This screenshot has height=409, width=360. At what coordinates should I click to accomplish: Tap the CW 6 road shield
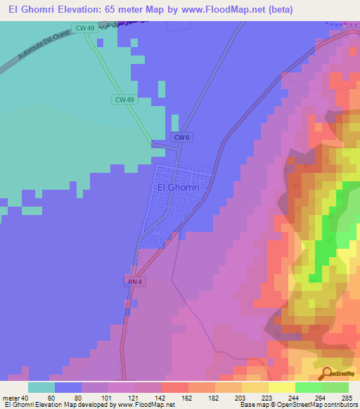pos(181,138)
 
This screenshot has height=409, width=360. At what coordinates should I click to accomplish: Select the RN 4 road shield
pos(136,282)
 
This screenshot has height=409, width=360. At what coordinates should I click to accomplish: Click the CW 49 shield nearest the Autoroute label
pos(86,27)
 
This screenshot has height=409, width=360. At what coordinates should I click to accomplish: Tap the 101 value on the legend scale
pos(106,398)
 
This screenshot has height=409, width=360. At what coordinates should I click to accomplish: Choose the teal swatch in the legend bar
pos(41,387)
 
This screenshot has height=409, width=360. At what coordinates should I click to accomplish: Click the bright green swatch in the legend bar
pos(309,387)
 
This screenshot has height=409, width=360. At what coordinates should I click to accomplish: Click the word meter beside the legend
pos(11,398)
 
